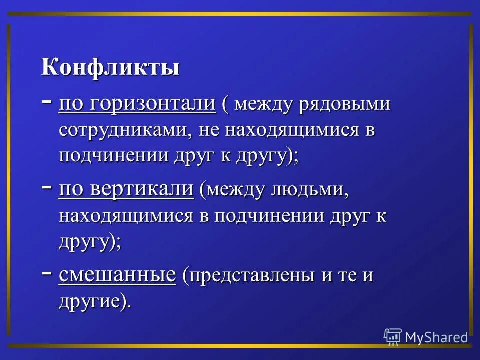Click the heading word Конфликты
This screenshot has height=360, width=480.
pyautogui.click(x=110, y=68)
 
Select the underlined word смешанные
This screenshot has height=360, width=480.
pyautogui.click(x=118, y=275)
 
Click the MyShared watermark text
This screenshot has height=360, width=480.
pyautogui.click(x=436, y=337)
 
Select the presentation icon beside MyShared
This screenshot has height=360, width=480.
pyautogui.click(x=393, y=337)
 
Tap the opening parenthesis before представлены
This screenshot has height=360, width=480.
pyautogui.click(x=185, y=276)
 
